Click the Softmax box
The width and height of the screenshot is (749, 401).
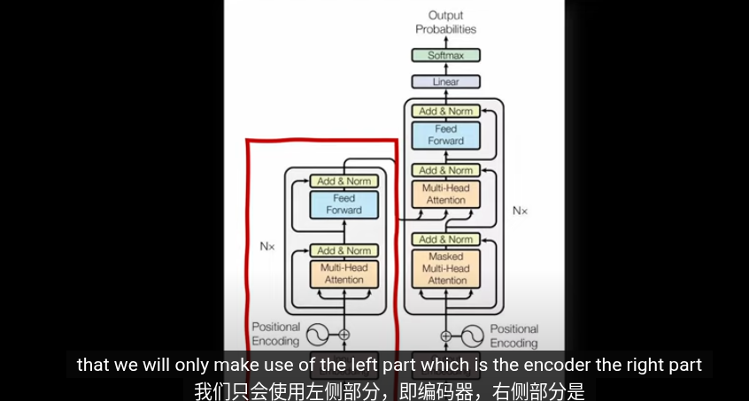(x=445, y=55)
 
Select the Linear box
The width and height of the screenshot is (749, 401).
(x=445, y=81)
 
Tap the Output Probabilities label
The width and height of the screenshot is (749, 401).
(x=445, y=22)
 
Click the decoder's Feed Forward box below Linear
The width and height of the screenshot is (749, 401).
(x=445, y=135)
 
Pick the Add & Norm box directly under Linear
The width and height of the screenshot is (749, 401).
(x=445, y=112)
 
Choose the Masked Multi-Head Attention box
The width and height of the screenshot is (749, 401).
(x=446, y=268)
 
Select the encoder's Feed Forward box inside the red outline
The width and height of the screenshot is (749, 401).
(x=344, y=204)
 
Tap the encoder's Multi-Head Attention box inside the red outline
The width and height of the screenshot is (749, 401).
(x=344, y=274)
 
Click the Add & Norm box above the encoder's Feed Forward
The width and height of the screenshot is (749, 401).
(x=344, y=181)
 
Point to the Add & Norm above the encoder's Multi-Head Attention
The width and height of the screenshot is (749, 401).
(x=344, y=251)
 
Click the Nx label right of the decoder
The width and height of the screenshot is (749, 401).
(x=520, y=211)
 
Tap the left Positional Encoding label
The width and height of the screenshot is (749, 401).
(x=275, y=334)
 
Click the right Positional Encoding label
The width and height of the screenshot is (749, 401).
(x=513, y=335)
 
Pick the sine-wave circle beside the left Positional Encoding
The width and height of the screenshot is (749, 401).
(x=316, y=335)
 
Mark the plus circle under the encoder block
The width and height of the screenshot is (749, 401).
(x=344, y=335)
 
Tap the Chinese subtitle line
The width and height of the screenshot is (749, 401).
(x=390, y=389)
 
